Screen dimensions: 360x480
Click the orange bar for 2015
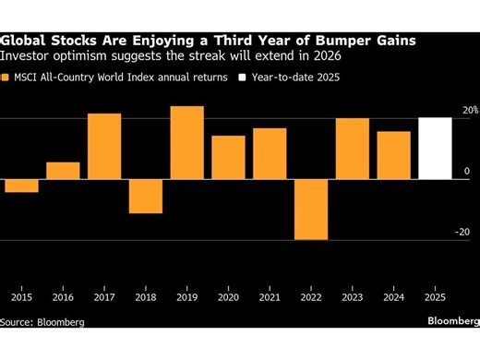(21, 186)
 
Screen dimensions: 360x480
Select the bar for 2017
(104, 146)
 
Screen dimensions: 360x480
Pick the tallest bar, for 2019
(187, 142)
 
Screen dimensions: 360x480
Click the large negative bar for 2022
(311, 210)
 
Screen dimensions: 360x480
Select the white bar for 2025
(436, 149)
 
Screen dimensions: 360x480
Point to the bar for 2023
(353, 149)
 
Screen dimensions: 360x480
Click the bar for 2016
(63, 171)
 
